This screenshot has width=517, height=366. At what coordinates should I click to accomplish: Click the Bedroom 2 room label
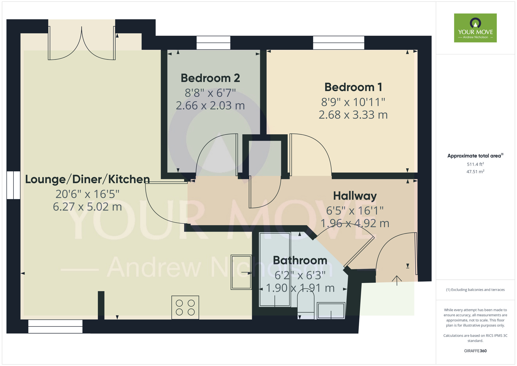point(210,78)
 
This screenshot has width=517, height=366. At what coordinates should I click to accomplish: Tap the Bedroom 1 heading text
point(353,87)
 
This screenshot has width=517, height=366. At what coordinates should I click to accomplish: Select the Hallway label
point(355,196)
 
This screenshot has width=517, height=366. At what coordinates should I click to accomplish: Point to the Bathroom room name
point(300,260)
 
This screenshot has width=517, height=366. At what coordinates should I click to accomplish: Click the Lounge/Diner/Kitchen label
point(87,179)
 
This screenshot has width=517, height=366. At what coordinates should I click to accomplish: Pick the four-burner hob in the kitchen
point(185,307)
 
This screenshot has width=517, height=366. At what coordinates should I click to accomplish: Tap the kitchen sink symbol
point(241,272)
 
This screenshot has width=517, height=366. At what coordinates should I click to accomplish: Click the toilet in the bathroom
point(306,304)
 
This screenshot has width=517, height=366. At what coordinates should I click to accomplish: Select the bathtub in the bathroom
point(275,269)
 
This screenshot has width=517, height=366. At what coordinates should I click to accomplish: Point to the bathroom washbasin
point(331,310)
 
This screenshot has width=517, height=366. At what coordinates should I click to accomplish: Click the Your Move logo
point(475,28)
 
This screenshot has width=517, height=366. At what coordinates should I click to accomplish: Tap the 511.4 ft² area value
point(475,164)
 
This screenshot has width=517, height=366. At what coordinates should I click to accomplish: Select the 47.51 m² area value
point(475,172)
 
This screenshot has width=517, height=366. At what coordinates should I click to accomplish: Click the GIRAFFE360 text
point(475,351)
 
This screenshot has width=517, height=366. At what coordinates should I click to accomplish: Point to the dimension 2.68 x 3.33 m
point(353,115)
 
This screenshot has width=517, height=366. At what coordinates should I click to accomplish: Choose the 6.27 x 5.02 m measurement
point(87,207)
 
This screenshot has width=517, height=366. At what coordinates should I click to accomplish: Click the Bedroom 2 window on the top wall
point(213,43)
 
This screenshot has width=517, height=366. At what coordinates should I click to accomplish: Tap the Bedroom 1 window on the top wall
point(339,43)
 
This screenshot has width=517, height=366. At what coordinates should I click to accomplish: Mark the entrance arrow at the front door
point(397,280)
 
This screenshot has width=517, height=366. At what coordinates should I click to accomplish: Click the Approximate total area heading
point(475,156)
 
